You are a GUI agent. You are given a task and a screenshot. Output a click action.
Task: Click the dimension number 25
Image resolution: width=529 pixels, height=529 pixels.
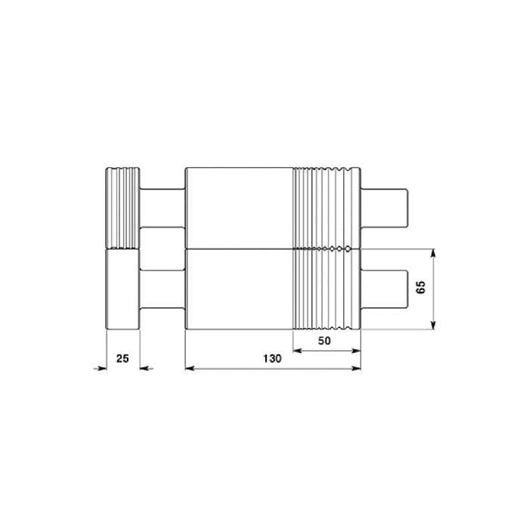tap(122, 358)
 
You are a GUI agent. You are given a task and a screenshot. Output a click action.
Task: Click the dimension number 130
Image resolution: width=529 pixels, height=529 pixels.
tap(272, 358)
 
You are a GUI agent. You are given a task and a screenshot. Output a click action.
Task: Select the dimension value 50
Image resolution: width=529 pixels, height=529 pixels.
tap(324, 341)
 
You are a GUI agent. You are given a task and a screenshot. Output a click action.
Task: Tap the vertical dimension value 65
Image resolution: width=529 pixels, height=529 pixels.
tap(421, 287)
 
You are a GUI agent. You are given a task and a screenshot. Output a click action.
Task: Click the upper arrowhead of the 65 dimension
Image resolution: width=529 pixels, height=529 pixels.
tap(434, 253)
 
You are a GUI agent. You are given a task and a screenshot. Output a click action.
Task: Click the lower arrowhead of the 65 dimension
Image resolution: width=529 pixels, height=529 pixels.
tap(434, 325)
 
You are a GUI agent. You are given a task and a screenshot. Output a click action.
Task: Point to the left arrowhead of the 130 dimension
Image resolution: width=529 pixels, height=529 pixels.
tap(190, 369)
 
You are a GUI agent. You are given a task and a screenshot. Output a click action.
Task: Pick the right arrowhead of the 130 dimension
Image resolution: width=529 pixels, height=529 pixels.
tap(356, 369)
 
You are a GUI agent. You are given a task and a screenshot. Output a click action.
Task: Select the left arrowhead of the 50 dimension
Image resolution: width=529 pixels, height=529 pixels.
tap(297, 351)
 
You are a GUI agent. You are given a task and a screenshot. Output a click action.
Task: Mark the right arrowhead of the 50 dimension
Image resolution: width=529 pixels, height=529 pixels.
tap(356, 351)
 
